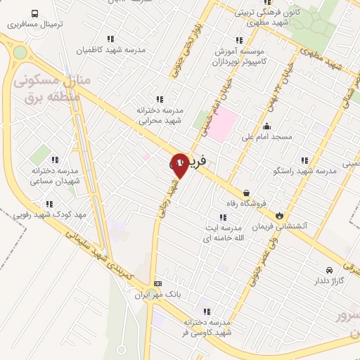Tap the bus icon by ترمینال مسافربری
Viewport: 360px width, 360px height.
click(35, 13)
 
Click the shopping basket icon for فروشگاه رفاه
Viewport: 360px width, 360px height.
click(246, 192)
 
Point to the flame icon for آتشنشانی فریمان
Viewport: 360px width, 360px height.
click(280, 215)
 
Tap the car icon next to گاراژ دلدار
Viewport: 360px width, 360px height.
click(329, 269)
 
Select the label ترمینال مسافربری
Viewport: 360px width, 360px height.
click(36, 24)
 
